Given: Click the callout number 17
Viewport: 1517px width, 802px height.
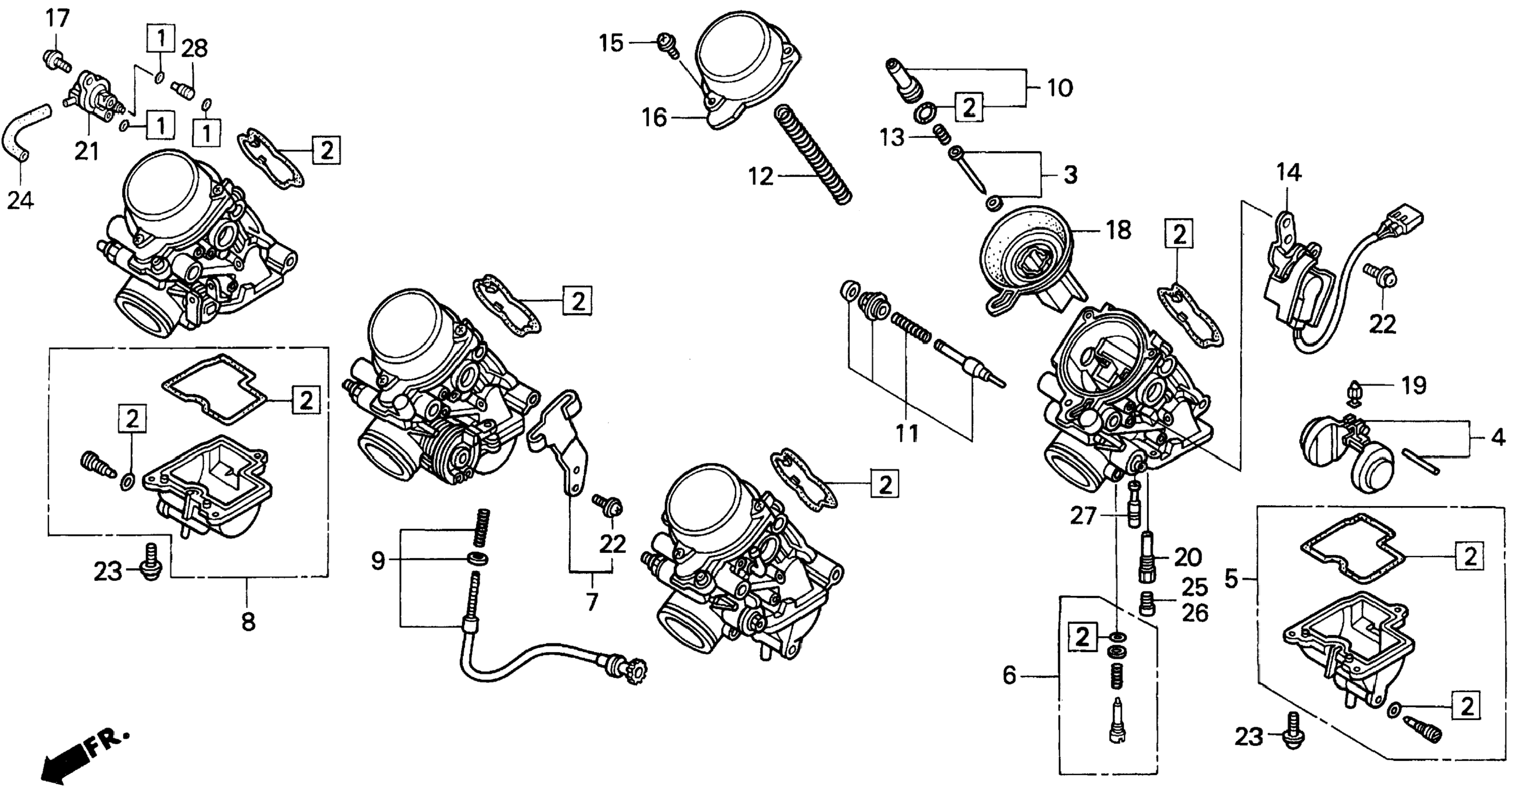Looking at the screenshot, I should click(x=58, y=18).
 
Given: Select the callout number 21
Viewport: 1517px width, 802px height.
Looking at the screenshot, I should click(x=87, y=151).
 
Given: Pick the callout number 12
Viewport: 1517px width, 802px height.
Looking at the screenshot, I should click(x=761, y=175).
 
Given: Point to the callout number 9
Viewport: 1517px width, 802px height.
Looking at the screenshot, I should click(x=378, y=561).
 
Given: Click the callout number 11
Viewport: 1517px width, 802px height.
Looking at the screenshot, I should click(x=907, y=434).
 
